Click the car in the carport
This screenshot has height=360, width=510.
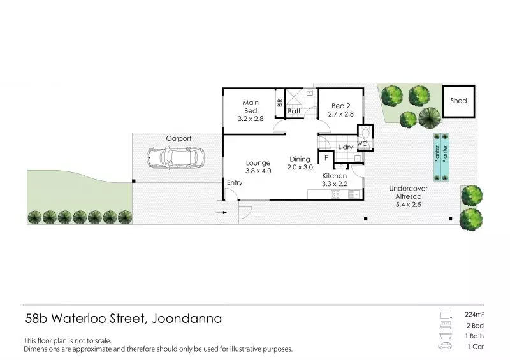[176, 158]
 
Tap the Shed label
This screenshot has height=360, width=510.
[458, 101]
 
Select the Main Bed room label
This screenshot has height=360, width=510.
[251, 106]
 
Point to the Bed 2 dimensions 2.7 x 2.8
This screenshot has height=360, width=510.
[341, 114]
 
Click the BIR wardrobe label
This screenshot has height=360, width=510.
[280, 103]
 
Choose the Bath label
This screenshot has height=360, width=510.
[295, 112]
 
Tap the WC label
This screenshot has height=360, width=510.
[362, 144]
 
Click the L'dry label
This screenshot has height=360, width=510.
[346, 147]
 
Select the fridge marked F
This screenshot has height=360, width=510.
[326, 158]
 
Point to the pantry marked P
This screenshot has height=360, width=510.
[341, 166]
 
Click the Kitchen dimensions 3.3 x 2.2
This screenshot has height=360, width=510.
[335, 184]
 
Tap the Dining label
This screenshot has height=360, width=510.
[300, 159]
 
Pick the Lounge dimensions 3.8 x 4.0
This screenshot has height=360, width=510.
[258, 171]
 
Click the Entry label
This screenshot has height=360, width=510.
[235, 182]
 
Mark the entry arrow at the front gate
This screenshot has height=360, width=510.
[224, 213]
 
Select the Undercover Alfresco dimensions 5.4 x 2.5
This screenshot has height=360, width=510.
[408, 205]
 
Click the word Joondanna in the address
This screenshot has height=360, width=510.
[187, 319]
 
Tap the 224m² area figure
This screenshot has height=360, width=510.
[474, 315]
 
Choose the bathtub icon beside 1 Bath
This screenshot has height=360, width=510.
[446, 335]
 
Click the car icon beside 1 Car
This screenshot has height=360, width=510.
[445, 346]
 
